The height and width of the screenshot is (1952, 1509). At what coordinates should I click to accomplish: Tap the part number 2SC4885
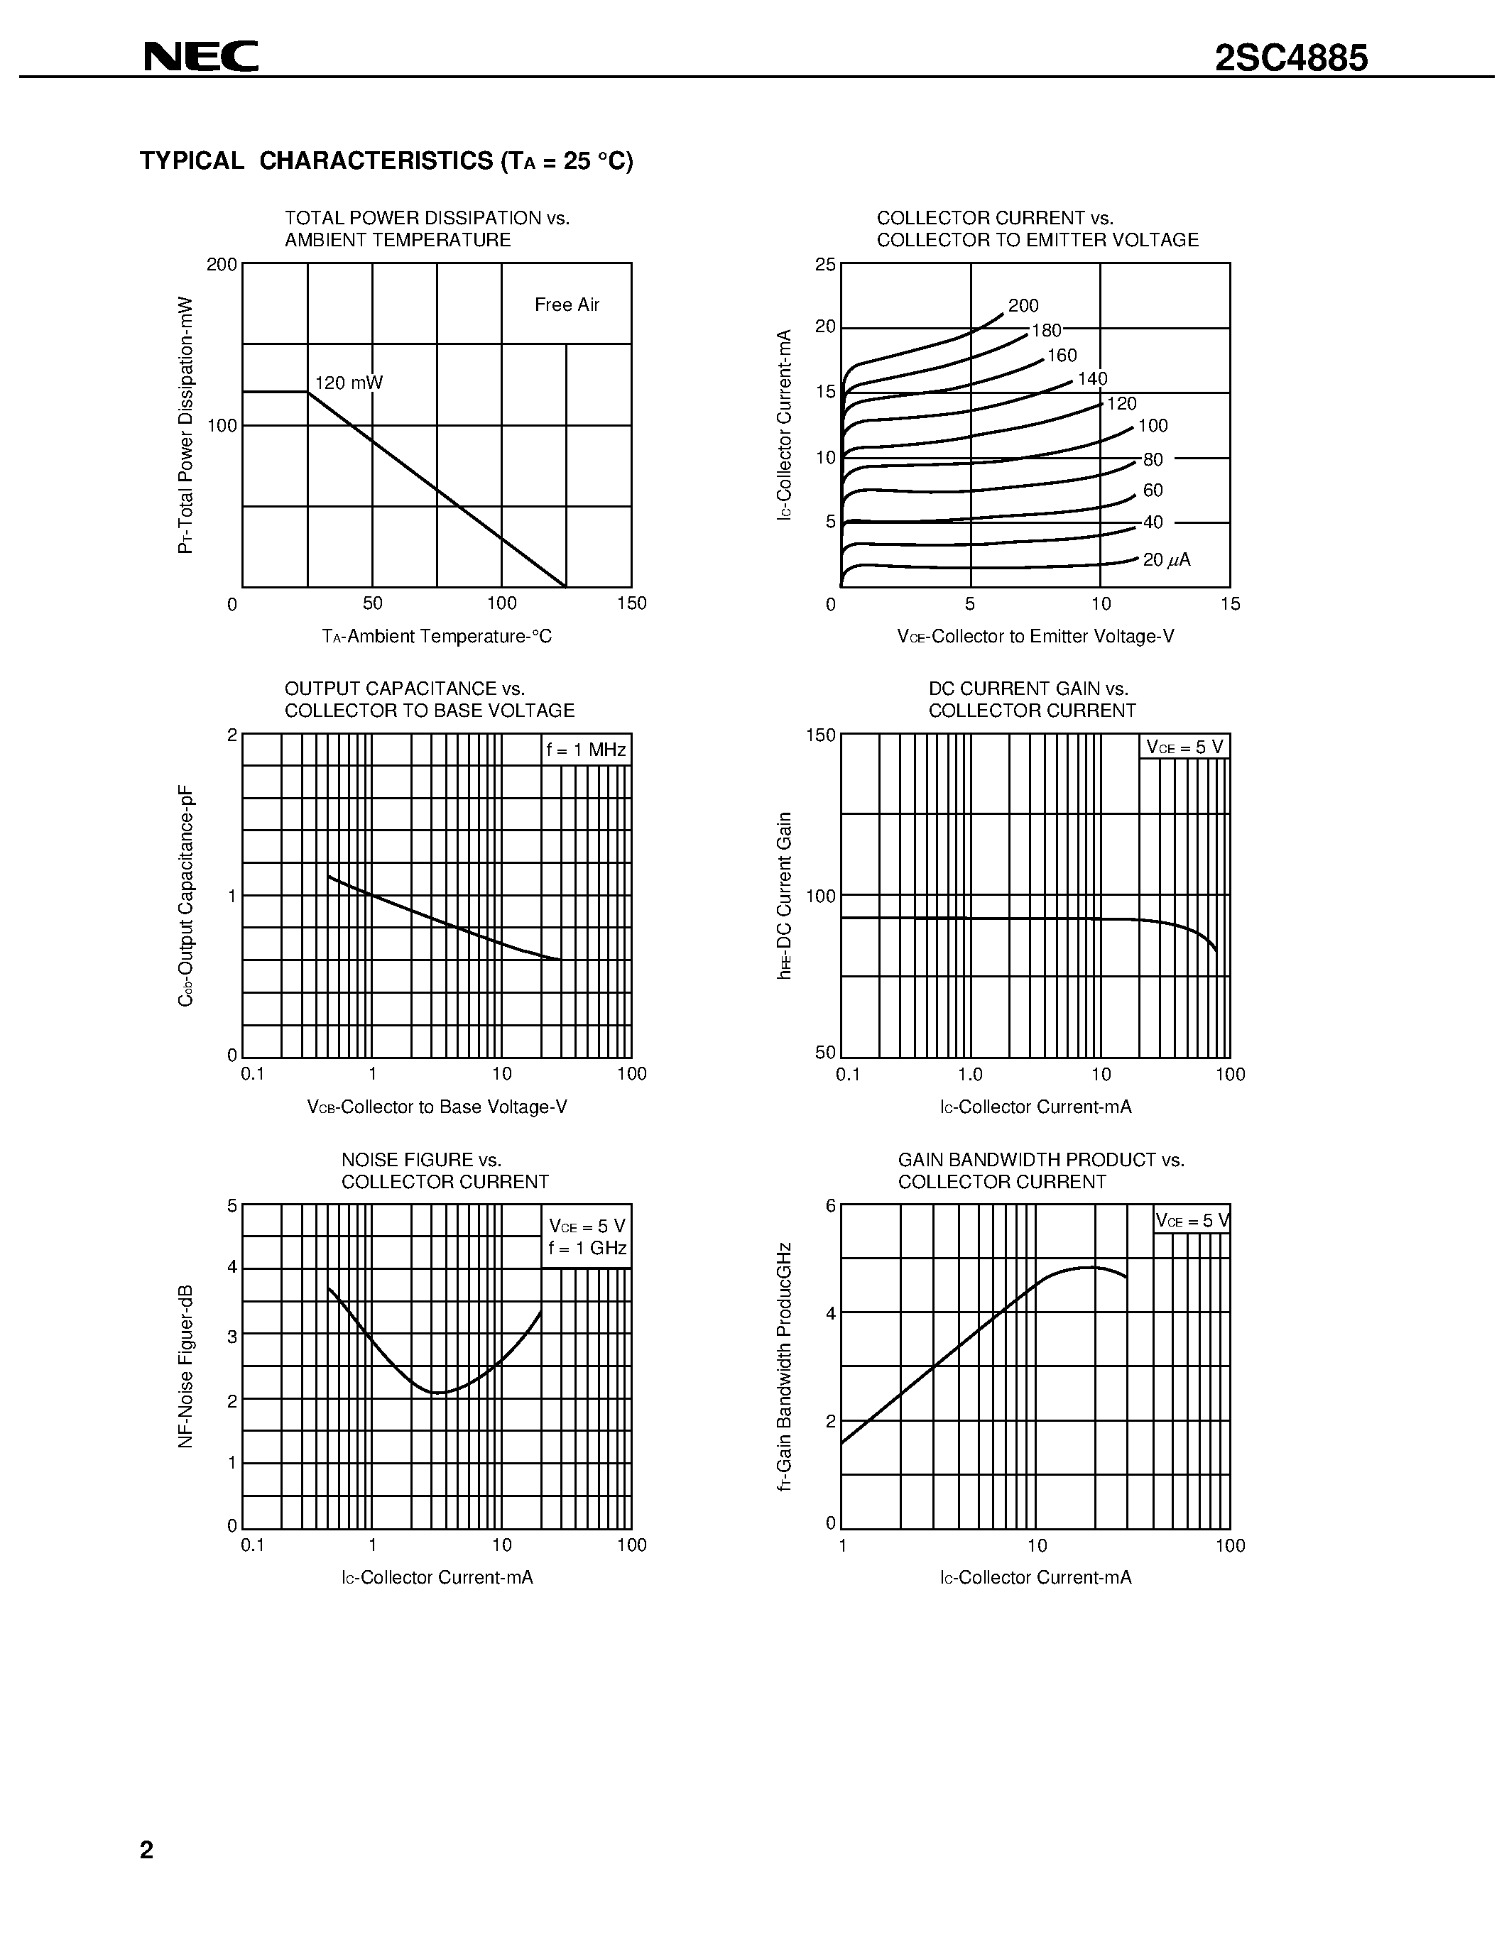click(x=1291, y=59)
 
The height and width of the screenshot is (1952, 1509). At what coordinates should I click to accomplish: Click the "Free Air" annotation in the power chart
click(x=567, y=305)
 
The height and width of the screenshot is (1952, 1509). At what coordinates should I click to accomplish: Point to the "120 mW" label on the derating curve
click(x=349, y=383)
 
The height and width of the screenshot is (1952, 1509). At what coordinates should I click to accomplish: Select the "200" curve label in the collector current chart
click(x=1023, y=306)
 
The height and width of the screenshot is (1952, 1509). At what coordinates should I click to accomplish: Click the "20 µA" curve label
click(x=1167, y=560)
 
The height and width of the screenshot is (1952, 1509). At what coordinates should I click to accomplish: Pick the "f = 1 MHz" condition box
click(x=587, y=750)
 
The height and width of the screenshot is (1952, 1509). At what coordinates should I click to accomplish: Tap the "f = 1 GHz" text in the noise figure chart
click(x=587, y=1249)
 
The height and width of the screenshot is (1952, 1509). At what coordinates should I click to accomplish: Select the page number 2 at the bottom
click(x=146, y=1849)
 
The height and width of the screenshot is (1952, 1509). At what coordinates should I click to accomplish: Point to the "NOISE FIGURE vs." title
click(x=421, y=1160)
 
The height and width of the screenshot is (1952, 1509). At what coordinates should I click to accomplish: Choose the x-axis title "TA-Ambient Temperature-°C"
click(x=437, y=637)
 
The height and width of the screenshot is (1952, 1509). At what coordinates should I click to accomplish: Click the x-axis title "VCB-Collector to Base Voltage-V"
click(x=437, y=1107)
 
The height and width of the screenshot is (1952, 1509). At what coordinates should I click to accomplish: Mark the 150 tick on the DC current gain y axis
click(x=821, y=735)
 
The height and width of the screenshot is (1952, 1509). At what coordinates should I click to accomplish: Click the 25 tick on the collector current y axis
click(x=825, y=265)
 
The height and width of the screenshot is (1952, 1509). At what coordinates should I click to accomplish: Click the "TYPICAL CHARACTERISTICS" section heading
click(x=386, y=161)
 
